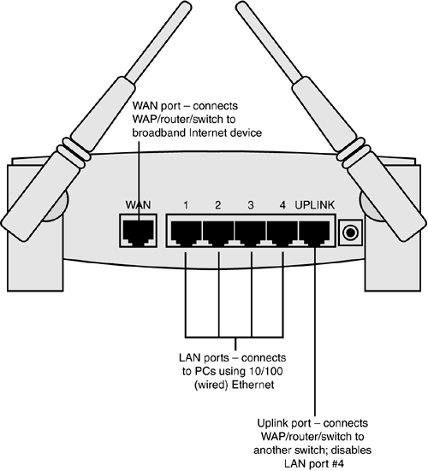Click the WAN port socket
[x=138, y=231]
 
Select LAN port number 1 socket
[x=187, y=232]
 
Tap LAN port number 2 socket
[x=218, y=232]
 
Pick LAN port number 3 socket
[x=251, y=232]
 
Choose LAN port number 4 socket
[x=282, y=232]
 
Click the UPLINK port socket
[x=314, y=232]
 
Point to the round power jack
[x=350, y=233]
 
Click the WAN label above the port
[x=138, y=205]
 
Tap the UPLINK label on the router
[x=315, y=205]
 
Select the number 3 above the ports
[x=251, y=205]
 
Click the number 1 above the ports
[x=186, y=205]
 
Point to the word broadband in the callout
[x=159, y=132]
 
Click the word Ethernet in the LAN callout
[x=253, y=385]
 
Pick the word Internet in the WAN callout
[x=208, y=132]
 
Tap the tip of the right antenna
[x=241, y=7]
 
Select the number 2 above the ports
[x=218, y=205]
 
